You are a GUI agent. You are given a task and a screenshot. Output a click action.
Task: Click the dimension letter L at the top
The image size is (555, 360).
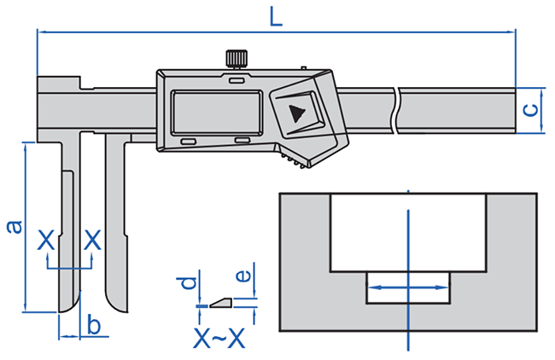click(x=276, y=17)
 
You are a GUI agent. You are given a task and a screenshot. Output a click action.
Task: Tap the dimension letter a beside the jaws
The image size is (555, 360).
click(x=15, y=227)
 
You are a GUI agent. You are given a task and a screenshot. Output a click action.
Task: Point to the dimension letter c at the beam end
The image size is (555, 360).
click(x=530, y=110)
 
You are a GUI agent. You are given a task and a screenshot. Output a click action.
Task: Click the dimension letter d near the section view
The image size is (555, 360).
click(x=189, y=282)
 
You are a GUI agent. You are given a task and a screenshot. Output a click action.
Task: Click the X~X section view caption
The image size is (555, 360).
click(x=219, y=338)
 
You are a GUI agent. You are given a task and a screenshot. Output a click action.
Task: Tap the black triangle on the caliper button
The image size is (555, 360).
click(x=296, y=113)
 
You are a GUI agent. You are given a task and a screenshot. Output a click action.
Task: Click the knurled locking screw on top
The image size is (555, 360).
click(x=236, y=59)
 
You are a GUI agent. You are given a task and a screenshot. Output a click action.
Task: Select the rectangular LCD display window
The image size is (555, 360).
click(x=217, y=113)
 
